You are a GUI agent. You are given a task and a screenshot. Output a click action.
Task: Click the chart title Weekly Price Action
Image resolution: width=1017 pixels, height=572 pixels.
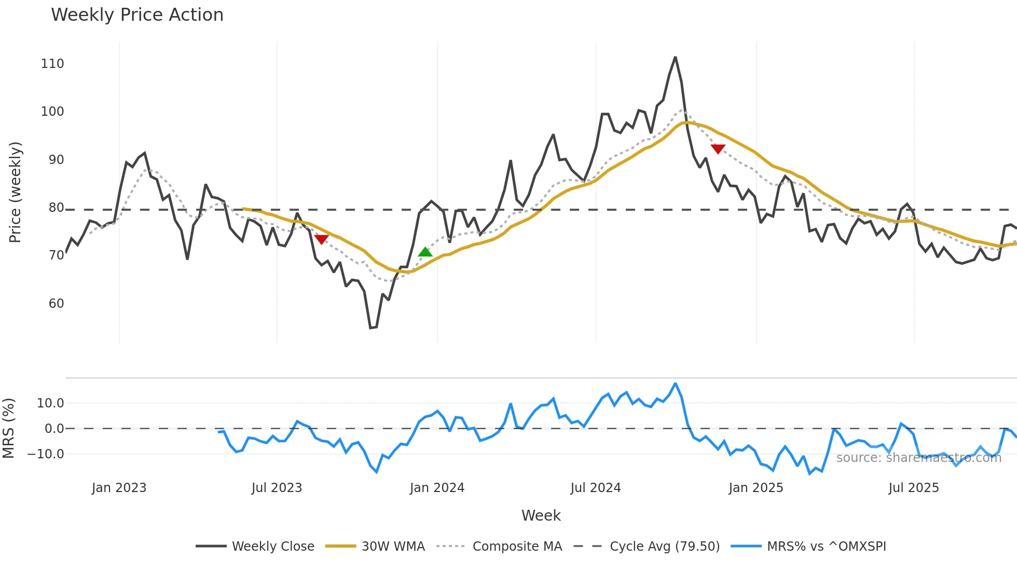click(137, 15)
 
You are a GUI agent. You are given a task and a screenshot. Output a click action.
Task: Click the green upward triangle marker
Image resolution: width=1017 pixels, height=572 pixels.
click(425, 252)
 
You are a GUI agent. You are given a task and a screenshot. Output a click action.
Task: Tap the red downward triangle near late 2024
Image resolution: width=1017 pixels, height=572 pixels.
click(718, 149)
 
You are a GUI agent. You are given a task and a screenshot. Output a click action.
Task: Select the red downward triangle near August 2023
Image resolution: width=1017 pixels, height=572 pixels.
click(321, 239)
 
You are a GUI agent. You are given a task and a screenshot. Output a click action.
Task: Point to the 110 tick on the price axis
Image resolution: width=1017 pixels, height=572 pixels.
click(52, 64)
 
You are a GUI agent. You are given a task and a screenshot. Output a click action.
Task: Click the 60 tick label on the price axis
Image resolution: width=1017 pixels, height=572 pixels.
click(56, 304)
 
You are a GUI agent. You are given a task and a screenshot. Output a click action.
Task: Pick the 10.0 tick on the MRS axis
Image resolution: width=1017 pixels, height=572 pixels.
click(50, 403)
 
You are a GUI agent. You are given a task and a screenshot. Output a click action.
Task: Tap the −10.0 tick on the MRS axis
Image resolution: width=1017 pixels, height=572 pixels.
click(46, 454)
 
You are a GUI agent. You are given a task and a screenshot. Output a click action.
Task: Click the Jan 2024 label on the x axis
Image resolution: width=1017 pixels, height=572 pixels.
click(437, 488)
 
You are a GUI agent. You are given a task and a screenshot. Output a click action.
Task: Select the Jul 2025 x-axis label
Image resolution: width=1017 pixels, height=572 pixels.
click(913, 488)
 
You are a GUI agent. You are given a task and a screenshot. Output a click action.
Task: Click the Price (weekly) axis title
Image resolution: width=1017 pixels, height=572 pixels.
click(16, 192)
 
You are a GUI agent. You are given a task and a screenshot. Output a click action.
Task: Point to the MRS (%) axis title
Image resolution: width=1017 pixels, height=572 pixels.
click(8, 428)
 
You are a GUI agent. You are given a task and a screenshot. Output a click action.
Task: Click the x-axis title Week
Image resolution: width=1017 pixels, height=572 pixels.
click(541, 515)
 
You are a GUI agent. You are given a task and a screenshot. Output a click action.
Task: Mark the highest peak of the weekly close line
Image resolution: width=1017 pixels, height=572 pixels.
click(675, 57)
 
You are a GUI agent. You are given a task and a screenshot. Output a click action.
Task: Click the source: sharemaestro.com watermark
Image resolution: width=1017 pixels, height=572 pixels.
click(918, 458)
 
